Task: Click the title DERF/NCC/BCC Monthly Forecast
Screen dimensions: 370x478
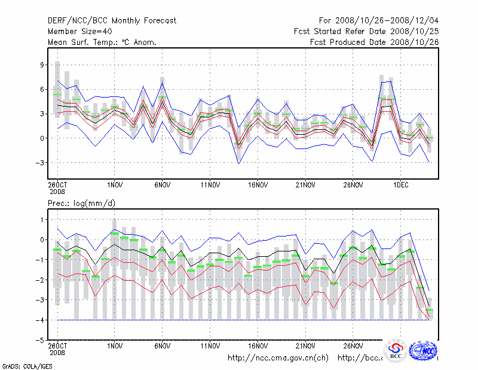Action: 112,20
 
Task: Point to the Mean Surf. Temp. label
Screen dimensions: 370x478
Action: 102,42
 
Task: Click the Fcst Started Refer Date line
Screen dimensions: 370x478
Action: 366,31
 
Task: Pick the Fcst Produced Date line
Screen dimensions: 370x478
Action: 374,42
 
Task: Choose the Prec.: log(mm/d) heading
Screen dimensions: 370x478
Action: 82,204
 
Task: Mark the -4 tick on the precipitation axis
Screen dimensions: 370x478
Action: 41,320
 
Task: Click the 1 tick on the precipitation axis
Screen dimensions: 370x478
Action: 42,220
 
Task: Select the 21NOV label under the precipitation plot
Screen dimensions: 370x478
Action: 305,346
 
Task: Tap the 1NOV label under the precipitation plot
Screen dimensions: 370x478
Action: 115,346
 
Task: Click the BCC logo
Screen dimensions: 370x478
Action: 396,350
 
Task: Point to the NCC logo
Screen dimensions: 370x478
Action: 424,350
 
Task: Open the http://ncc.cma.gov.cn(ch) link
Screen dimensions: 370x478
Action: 278,358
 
